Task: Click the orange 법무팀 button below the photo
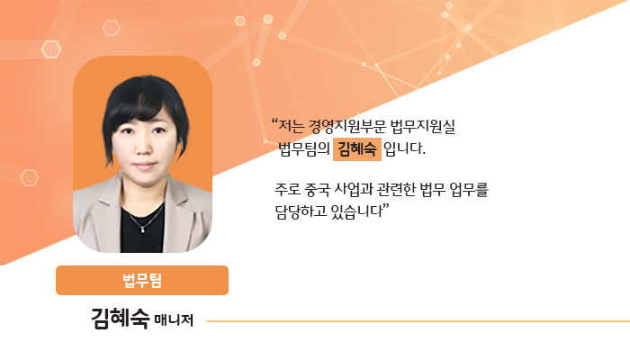point(142,280)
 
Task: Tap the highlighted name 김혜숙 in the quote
point(356,149)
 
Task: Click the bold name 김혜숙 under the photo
point(120,319)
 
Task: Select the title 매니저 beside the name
point(174,320)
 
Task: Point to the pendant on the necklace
point(142,229)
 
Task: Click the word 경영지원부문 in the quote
point(346,127)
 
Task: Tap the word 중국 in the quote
point(318,189)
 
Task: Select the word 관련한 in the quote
point(397,189)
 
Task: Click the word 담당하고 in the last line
point(301,211)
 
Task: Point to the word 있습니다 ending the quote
point(356,211)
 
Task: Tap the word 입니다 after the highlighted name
point(404,149)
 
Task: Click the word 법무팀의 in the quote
point(304,149)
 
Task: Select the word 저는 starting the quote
point(292,127)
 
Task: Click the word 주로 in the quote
point(288,189)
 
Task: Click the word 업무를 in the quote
point(469,189)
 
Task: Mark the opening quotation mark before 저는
point(274,121)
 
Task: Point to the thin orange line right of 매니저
point(418,321)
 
